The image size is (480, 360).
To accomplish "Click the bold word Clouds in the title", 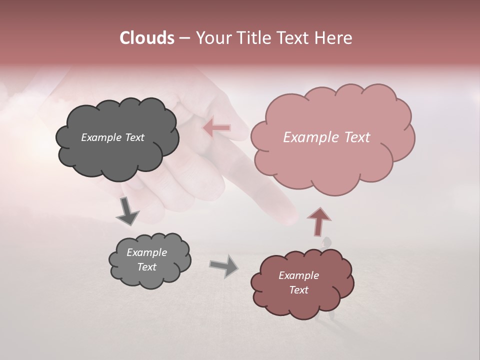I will point(147,38).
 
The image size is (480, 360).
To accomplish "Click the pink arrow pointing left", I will point(216,128).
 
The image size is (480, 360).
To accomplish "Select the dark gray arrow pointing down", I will point(127,211).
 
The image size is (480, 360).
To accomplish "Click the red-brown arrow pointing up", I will point(318,221).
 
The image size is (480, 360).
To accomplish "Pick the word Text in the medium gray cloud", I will point(147,267).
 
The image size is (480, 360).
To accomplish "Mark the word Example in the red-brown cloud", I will point(298,275).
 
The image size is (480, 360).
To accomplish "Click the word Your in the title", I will point(212,38).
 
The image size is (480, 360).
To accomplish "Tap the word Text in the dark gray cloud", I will point(134,137).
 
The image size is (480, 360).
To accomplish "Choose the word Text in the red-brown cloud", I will point(298,290).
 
